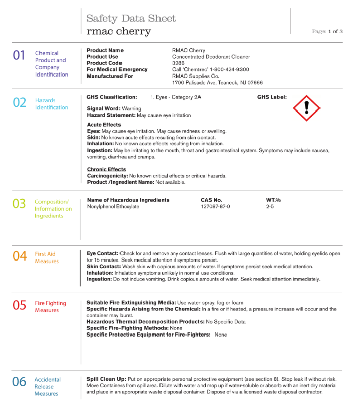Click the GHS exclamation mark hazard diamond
(x=307, y=107)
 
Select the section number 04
(x=20, y=256)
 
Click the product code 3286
(x=179, y=63)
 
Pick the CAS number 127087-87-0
(x=215, y=207)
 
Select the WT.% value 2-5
(x=270, y=207)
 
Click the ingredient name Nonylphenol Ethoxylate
(x=113, y=207)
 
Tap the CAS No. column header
(x=211, y=200)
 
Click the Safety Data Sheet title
(x=131, y=19)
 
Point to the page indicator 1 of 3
(x=335, y=31)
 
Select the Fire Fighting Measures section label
(x=51, y=307)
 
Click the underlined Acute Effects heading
(x=104, y=125)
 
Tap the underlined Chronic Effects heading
(x=106, y=169)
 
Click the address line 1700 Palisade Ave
(x=217, y=83)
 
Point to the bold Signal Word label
(x=103, y=108)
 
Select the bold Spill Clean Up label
(x=106, y=379)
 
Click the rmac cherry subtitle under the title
(x=118, y=31)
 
